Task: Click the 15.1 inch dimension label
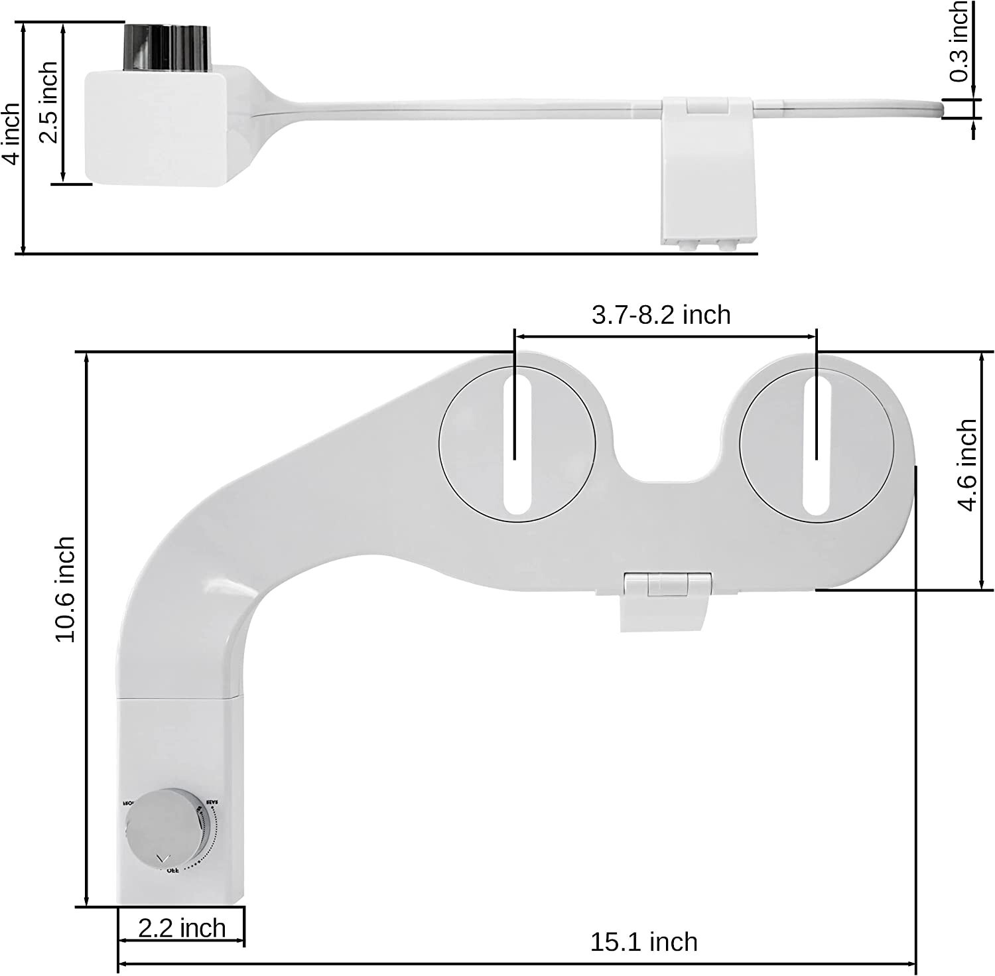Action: (643, 941)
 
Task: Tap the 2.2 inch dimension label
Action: (182, 928)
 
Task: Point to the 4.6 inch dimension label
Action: (968, 465)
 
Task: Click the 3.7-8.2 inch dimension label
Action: (661, 314)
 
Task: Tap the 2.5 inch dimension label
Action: (48, 103)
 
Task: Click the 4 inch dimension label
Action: (11, 135)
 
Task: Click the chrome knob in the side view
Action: (166, 47)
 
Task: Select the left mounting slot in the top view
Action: (517, 441)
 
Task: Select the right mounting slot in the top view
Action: (817, 441)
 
